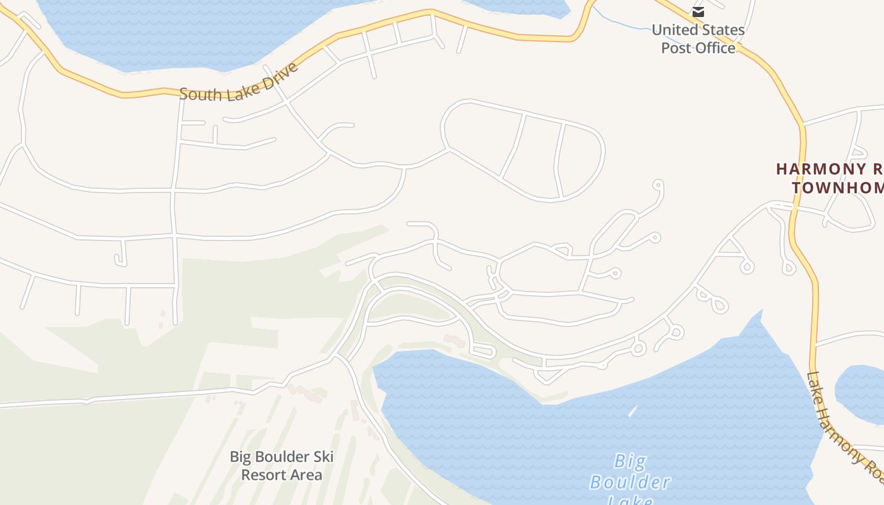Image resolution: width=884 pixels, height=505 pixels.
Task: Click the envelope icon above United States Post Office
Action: (x=698, y=11)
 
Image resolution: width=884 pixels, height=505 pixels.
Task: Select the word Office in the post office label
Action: (x=715, y=48)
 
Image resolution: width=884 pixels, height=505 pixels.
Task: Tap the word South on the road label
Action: (x=201, y=94)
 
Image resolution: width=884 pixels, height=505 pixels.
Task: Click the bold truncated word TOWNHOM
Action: (x=837, y=187)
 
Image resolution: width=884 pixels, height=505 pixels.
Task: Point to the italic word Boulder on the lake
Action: (x=630, y=483)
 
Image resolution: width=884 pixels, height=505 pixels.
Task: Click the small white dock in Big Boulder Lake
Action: (x=633, y=411)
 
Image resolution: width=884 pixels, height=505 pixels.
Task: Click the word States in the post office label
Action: (x=723, y=30)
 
